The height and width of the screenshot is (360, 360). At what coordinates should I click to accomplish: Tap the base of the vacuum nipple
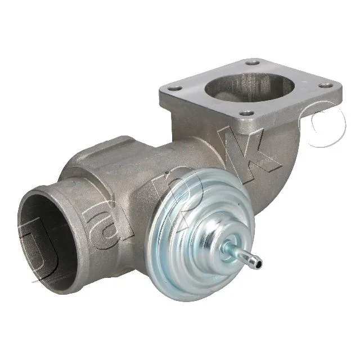(x=229, y=247)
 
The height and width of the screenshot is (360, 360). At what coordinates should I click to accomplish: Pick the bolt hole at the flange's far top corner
(x=252, y=62)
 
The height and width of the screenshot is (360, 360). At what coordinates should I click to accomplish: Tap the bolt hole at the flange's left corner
(x=175, y=89)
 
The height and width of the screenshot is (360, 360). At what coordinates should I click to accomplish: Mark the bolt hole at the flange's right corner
(x=326, y=85)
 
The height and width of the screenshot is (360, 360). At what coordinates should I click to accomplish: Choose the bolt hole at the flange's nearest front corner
(x=246, y=113)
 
